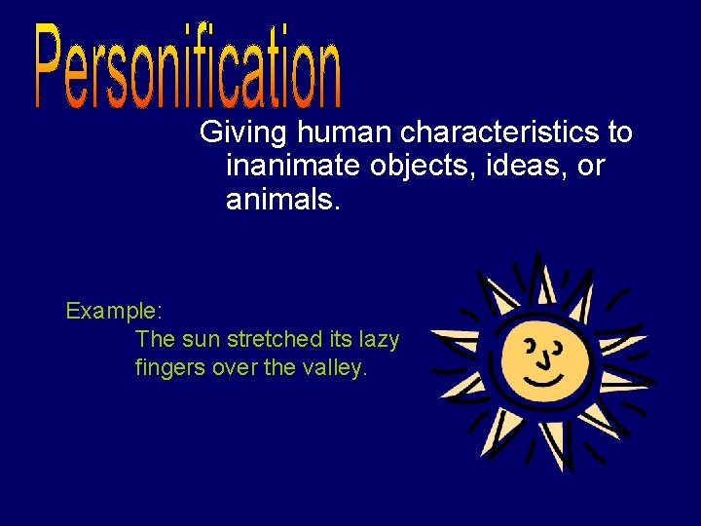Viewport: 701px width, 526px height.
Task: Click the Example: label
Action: [x=114, y=312]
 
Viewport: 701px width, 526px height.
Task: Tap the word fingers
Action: [x=166, y=369]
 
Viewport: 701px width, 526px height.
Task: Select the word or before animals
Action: [x=591, y=167]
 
